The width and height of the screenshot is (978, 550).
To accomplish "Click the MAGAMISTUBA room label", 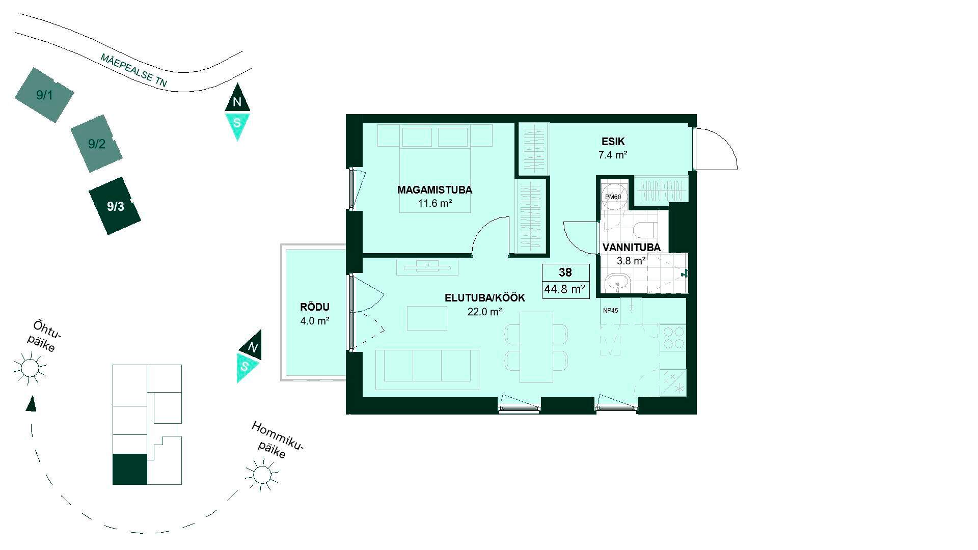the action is [434, 190].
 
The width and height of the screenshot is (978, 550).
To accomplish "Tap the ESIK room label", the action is [612, 142].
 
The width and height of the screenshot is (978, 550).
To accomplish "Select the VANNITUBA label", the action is [631, 248].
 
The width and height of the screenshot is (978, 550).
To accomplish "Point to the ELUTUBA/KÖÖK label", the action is [484, 298].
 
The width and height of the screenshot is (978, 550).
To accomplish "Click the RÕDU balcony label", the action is [315, 307].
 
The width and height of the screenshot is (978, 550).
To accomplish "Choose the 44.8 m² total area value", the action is [565, 290].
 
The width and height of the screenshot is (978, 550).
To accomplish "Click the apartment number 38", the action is [565, 272].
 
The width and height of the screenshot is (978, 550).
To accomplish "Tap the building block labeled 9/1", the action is [44, 95].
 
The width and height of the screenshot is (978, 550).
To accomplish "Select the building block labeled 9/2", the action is [97, 144].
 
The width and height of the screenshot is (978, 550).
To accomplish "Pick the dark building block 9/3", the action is [115, 206].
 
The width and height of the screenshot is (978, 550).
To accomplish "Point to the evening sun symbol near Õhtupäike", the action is [30, 368].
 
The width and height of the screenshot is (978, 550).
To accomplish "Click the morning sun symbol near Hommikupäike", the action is [262, 475].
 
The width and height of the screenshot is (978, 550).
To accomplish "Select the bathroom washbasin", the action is [618, 282].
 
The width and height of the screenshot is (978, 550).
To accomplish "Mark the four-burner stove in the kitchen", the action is [673, 337].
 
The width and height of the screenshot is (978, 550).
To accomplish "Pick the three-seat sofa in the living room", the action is [427, 369].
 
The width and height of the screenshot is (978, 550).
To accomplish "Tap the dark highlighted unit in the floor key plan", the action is [129, 469].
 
